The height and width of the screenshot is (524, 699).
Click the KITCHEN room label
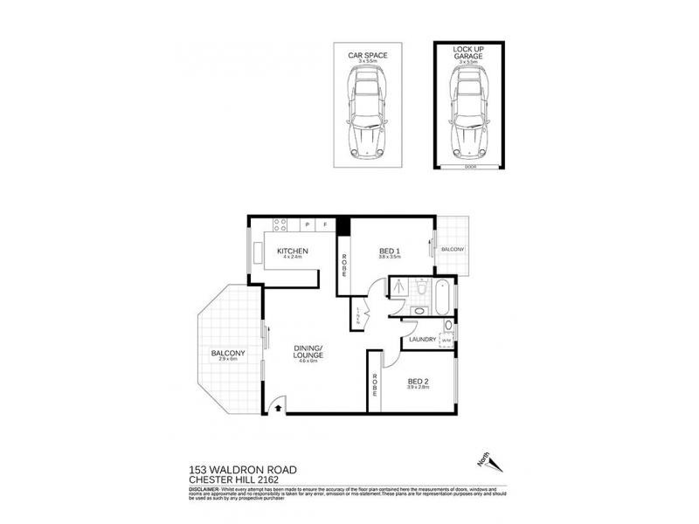293,252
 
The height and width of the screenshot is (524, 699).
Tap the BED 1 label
389,252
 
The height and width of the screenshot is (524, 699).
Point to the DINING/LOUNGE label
310,352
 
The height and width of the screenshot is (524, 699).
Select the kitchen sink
260,251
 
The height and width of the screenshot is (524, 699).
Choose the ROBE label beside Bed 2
374,386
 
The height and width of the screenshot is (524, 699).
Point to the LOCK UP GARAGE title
468,54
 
